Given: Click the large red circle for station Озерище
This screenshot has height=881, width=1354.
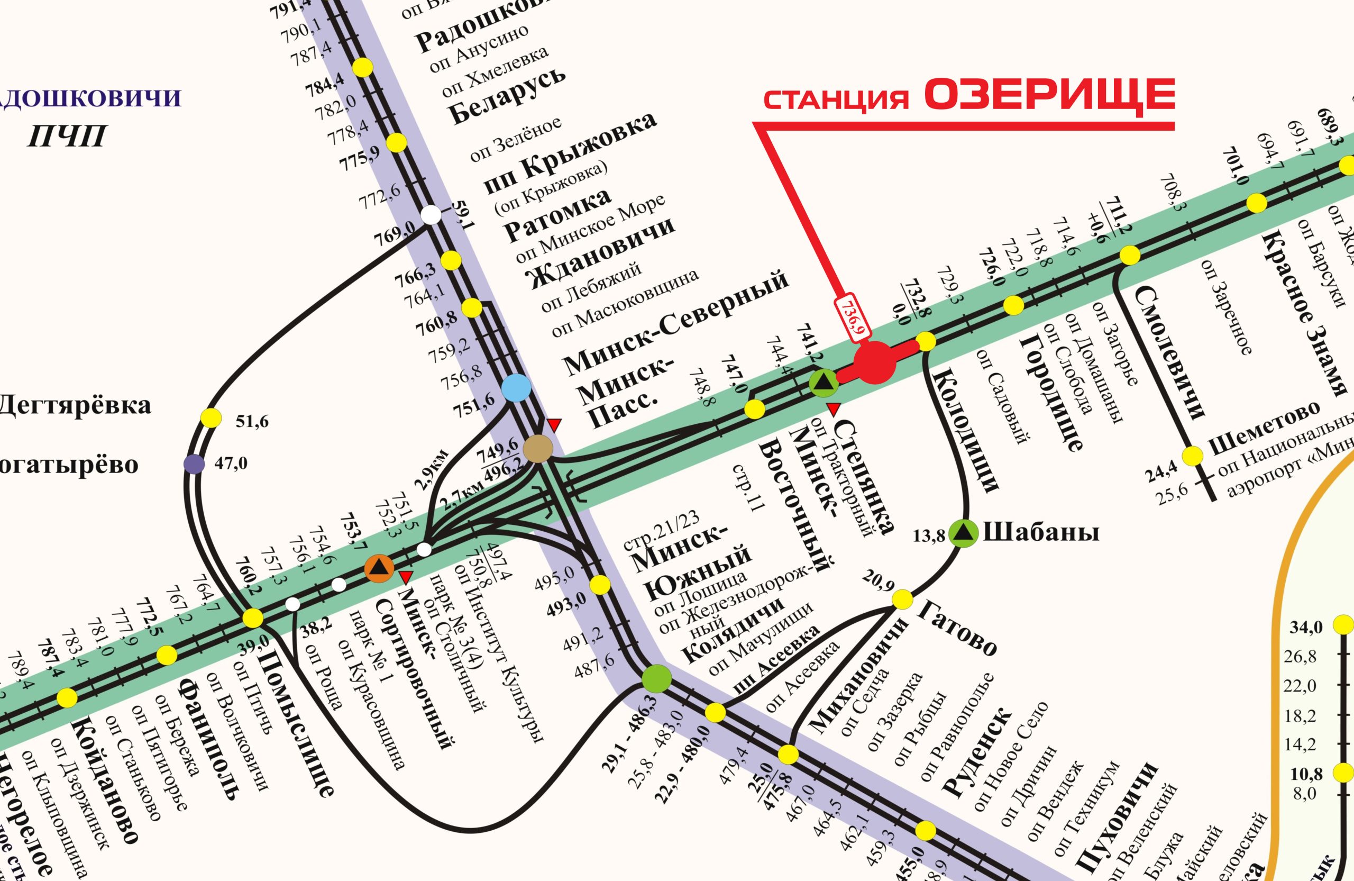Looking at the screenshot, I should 875,362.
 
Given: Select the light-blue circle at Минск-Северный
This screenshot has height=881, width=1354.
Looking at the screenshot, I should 517,387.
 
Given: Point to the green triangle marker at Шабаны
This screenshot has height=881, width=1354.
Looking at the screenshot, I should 963,533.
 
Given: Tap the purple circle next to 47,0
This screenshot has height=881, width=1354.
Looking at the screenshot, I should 194,464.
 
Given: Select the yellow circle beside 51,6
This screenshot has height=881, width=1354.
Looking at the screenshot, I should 211,417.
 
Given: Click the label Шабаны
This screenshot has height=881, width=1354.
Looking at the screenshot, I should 1040,533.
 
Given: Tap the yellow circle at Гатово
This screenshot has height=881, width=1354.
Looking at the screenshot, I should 902,600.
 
